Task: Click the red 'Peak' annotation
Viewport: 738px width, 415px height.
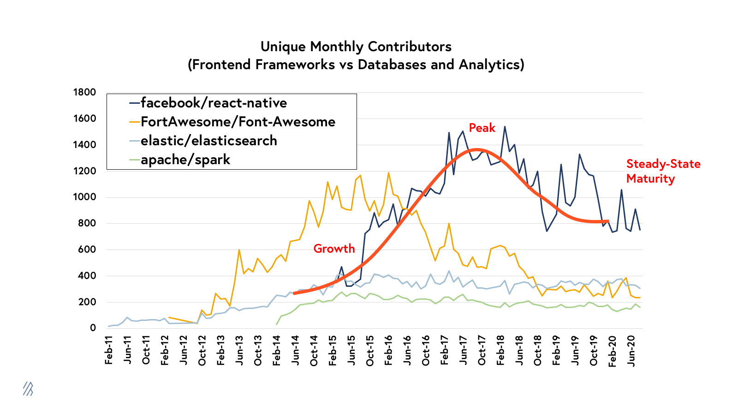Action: click(x=482, y=128)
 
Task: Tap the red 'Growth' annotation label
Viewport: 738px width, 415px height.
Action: click(x=334, y=249)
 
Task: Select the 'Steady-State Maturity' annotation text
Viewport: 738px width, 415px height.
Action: click(x=663, y=171)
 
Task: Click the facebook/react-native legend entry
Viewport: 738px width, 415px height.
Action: click(x=214, y=103)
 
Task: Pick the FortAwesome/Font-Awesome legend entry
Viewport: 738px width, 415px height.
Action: click(x=238, y=122)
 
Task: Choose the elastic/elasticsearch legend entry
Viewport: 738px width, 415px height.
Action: click(x=208, y=141)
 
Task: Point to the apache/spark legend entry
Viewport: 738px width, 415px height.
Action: click(x=185, y=160)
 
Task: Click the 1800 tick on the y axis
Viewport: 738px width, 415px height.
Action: click(x=84, y=92)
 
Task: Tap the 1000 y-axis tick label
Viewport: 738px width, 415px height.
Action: click(x=84, y=197)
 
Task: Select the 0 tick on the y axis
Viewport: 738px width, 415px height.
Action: click(x=93, y=328)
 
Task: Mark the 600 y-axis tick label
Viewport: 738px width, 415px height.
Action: click(x=87, y=249)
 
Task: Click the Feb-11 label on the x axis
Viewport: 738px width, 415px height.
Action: click(x=109, y=350)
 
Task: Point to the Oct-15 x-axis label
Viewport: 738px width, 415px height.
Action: click(x=370, y=350)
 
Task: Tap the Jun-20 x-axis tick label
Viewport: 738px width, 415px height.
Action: click(x=631, y=350)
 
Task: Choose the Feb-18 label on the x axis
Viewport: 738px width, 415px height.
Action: click(x=500, y=350)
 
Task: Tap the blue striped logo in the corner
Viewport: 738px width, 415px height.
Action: click(x=28, y=389)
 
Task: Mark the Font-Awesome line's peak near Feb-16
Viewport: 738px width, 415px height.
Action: click(x=388, y=173)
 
